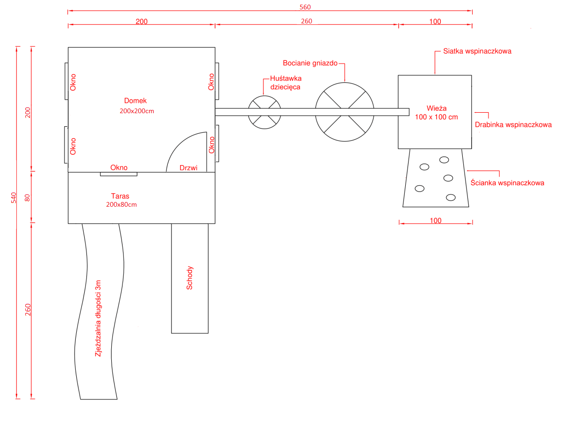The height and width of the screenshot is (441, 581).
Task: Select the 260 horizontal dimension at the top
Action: [x=307, y=22]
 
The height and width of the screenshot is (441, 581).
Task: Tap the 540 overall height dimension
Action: [x=14, y=197]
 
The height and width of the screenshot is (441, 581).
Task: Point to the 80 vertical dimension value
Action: [x=27, y=197]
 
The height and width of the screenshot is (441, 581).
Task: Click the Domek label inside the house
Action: [x=136, y=101]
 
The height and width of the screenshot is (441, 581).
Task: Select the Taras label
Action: [x=120, y=196]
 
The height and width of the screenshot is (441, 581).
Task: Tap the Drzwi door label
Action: [x=188, y=167]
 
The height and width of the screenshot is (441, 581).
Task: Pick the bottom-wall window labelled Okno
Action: [x=119, y=174]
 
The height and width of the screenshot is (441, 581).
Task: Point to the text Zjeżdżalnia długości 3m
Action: [x=98, y=318]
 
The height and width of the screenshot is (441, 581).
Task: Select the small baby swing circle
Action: [x=264, y=112]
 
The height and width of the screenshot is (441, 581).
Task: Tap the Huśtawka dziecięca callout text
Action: [x=286, y=83]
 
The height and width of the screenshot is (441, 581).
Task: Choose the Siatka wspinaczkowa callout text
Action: [x=477, y=51]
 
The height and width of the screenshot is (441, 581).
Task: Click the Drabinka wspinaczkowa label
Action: [x=513, y=125]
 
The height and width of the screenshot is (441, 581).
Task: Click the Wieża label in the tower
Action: [x=436, y=108]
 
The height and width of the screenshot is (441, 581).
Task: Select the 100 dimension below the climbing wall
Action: [x=435, y=221]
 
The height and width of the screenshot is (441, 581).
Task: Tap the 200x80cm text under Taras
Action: [x=122, y=205]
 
